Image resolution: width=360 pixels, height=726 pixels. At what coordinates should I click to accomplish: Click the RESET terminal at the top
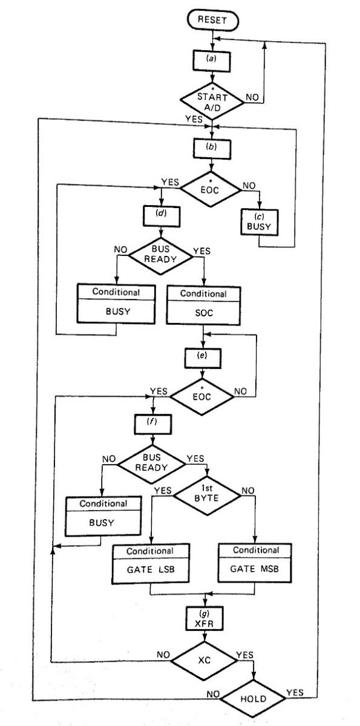213,20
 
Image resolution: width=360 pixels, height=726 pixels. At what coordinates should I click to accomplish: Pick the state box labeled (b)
211,146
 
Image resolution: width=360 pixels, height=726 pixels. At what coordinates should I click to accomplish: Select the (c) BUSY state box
258,223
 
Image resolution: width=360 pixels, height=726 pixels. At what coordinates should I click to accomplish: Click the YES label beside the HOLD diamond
295,692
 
